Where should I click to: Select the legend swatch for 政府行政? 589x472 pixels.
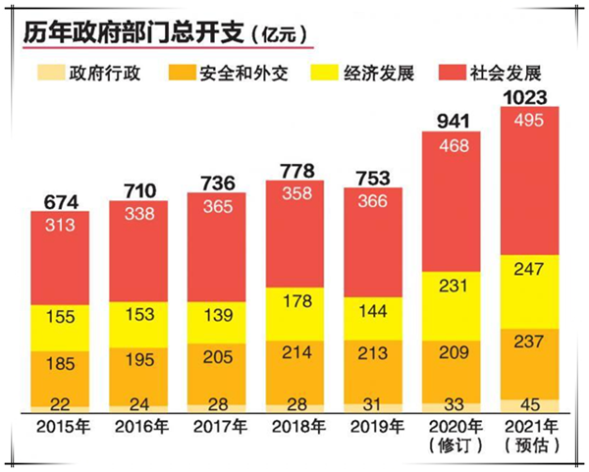(49, 73)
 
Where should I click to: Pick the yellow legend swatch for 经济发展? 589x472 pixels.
(324, 73)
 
